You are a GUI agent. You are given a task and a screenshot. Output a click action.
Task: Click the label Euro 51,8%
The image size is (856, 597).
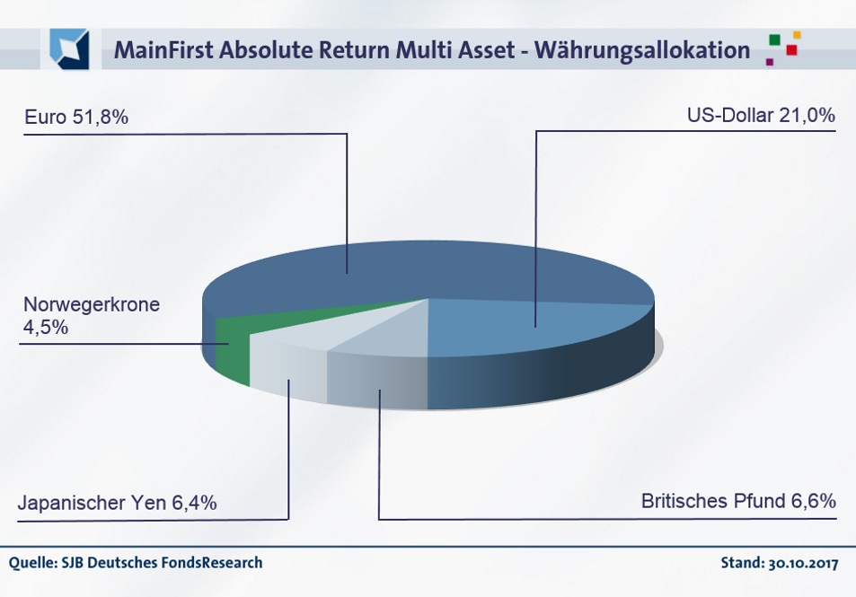76,117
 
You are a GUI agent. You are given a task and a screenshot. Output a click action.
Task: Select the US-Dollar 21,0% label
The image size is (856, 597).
761,116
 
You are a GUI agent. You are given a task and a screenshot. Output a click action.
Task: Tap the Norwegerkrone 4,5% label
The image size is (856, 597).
91,315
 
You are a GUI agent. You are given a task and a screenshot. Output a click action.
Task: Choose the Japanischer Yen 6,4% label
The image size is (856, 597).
118,502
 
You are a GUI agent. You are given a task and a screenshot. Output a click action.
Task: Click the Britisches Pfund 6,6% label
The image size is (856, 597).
738,501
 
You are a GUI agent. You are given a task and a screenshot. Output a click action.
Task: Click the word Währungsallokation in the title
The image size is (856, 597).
642,50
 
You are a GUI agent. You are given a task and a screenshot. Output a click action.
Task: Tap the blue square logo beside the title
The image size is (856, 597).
69,49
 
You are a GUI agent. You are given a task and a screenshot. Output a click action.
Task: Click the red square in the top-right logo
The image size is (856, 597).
791,50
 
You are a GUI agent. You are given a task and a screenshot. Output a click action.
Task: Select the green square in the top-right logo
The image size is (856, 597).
774,40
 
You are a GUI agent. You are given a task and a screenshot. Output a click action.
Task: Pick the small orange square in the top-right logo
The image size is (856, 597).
797,35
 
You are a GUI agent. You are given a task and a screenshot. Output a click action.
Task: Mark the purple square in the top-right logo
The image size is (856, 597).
770,62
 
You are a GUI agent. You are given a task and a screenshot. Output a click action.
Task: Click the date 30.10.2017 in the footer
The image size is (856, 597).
803,563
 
